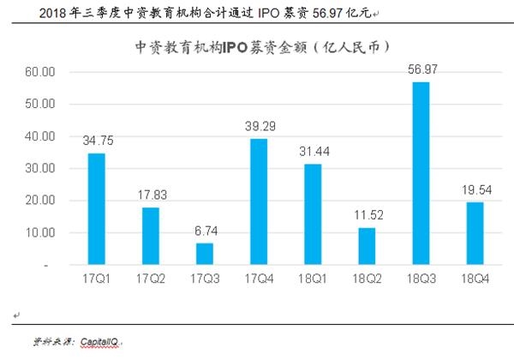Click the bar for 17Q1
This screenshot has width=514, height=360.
point(97,209)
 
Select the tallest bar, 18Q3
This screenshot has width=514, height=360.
point(421,173)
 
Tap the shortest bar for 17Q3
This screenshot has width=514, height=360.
point(205,255)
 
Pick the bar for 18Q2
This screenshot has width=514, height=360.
point(367,247)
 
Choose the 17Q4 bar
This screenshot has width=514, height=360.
point(259,202)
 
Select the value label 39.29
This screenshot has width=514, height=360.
point(259,125)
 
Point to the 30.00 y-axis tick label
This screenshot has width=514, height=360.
point(40,169)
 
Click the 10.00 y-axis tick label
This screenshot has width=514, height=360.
point(40,233)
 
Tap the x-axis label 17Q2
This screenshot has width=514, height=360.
point(151,280)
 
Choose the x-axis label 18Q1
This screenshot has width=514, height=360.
point(312,280)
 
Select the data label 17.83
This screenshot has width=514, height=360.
point(151,194)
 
